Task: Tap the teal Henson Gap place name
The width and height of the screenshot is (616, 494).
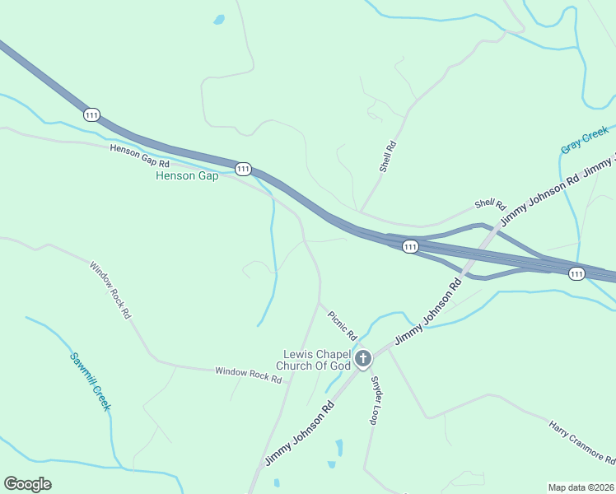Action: pyautogui.click(x=187, y=175)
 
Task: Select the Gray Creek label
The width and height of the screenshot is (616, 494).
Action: pyautogui.click(x=585, y=139)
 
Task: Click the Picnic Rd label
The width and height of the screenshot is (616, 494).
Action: pyautogui.click(x=342, y=325)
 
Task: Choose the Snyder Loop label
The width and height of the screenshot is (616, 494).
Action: pyautogui.click(x=376, y=400)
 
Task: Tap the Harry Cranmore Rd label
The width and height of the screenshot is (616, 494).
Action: pyautogui.click(x=582, y=440)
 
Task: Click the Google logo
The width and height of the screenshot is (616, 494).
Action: pyautogui.click(x=28, y=484)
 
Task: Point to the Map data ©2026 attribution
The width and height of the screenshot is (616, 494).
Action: pyautogui.click(x=581, y=487)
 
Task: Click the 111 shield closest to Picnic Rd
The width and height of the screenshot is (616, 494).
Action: pyautogui.click(x=410, y=246)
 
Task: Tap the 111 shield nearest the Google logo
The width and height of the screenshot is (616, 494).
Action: pyautogui.click(x=91, y=114)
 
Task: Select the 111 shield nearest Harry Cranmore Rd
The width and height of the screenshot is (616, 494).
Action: pyautogui.click(x=576, y=273)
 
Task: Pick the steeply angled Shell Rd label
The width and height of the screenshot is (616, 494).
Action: pyautogui.click(x=388, y=156)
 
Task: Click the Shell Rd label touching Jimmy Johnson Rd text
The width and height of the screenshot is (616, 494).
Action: pyautogui.click(x=488, y=204)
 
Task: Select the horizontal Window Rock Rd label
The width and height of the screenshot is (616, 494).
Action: pyautogui.click(x=249, y=375)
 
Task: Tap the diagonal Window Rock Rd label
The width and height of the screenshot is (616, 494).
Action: pyautogui.click(x=110, y=290)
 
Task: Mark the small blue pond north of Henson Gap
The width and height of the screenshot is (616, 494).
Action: pyautogui.click(x=219, y=20)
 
